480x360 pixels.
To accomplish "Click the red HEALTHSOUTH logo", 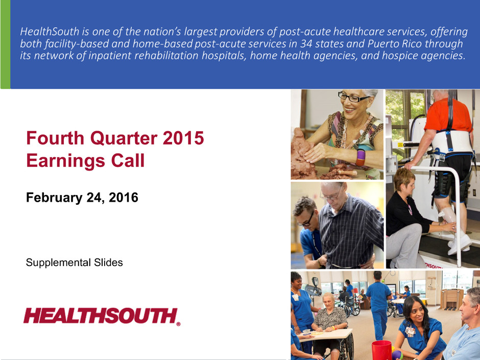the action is pos(101,316).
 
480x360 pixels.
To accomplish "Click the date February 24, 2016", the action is pos(82,198).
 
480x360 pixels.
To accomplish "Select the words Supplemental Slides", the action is pos(75,262).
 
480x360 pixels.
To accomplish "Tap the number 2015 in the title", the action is pos(183,138).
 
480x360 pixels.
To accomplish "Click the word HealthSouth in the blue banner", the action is pos(50,32).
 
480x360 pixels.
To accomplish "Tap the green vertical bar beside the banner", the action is pos(5,44).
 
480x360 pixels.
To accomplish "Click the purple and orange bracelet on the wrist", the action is pos(361,157).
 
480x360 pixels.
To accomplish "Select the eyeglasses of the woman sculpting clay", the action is pos(353,98).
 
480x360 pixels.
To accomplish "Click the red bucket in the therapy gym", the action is pos(381,350).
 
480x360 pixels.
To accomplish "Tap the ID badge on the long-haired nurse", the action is pos(410,331).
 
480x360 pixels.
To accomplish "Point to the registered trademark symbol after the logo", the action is pos(178,324).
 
